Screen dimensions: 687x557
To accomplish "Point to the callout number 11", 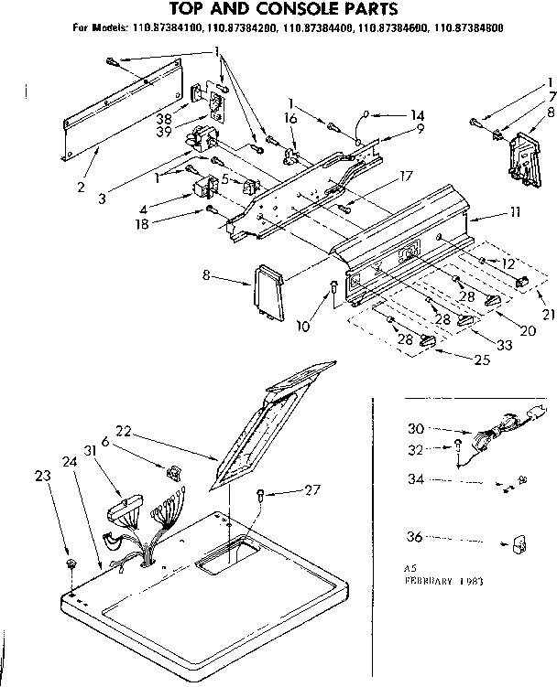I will pos(515,212).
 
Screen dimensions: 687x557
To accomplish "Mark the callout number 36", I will pos(415,537).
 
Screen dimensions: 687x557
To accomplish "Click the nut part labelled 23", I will pos(72,558).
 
